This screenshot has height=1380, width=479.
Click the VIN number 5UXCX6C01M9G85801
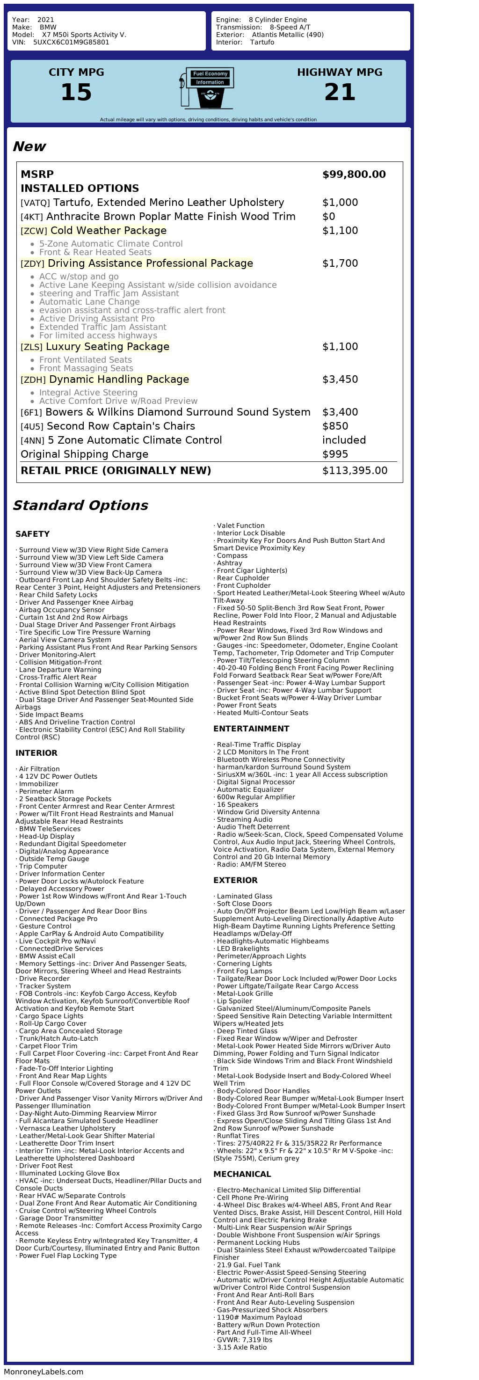(71, 42)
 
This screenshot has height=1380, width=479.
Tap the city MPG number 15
(76, 92)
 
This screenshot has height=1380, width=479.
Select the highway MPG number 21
(340, 92)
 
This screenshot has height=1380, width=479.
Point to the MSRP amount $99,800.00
(354, 174)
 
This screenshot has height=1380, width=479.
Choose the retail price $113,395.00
(354, 470)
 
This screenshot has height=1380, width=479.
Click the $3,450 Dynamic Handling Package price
(340, 380)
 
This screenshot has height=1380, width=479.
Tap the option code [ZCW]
(34, 231)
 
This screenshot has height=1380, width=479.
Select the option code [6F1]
(31, 412)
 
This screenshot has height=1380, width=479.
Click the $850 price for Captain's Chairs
(335, 426)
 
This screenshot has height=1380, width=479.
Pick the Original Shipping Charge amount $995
(335, 454)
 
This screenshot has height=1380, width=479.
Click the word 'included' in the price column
(343, 440)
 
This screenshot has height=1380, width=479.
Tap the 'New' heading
(29, 146)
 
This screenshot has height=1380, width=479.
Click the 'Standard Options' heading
(80, 505)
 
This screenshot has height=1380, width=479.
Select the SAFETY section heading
(33, 534)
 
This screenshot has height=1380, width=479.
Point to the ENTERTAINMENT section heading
(251, 729)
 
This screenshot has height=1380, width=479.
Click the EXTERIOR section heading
(235, 880)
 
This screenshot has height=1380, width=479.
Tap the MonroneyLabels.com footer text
(44, 1372)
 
